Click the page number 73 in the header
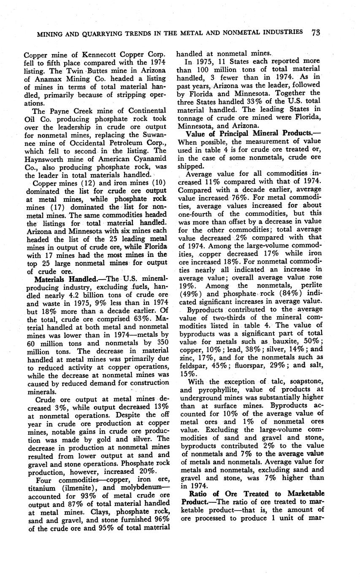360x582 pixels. [x=315, y=32]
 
